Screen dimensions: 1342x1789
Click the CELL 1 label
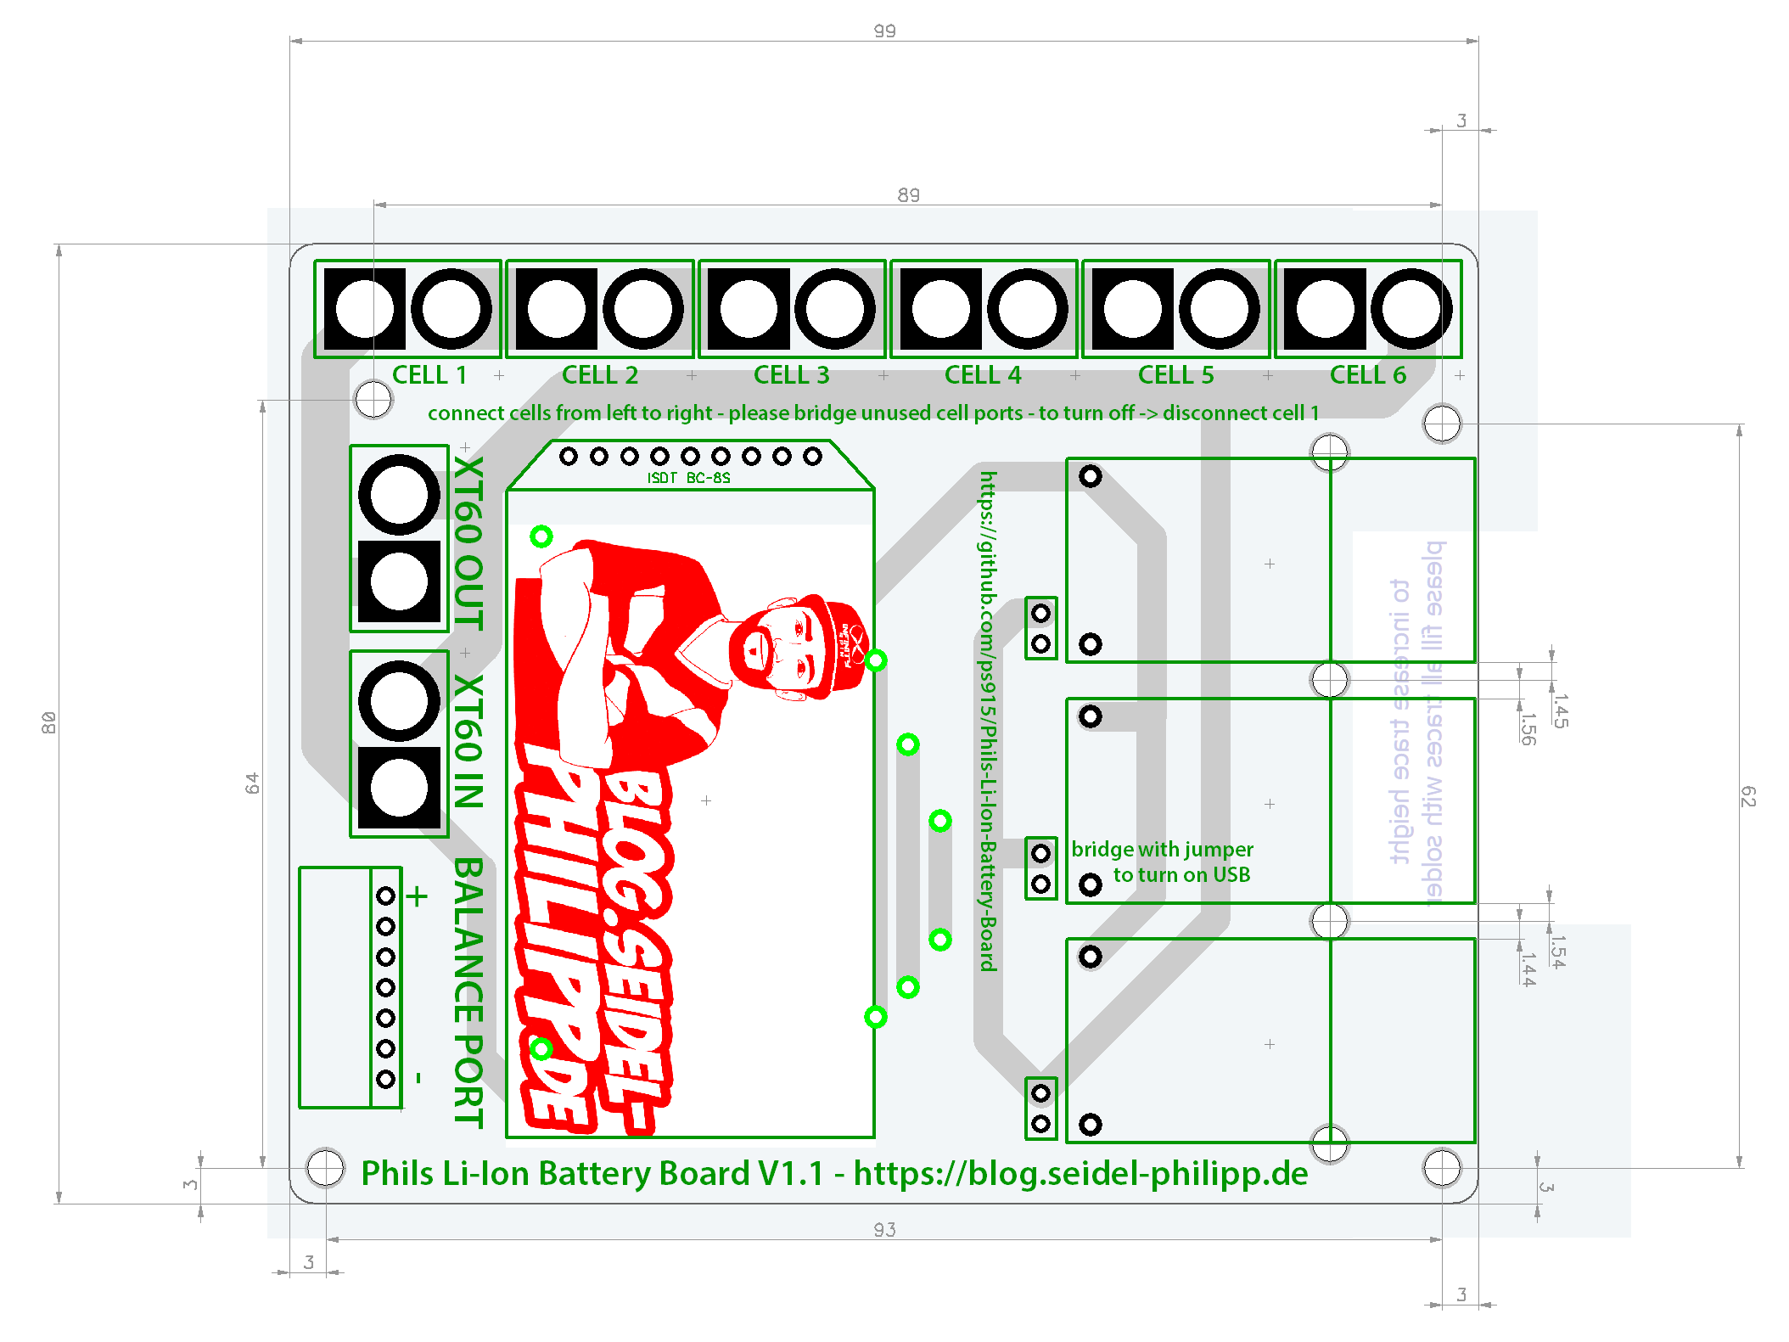coord(429,374)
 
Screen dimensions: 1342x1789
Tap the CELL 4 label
coord(983,374)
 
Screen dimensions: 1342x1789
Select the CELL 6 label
coord(1367,374)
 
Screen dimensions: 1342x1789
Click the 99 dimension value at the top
coord(884,31)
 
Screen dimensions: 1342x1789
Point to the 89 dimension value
coord(908,195)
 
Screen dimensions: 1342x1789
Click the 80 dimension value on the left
coord(49,722)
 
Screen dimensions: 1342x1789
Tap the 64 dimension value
coord(252,783)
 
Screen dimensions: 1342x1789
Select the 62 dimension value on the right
coord(1748,795)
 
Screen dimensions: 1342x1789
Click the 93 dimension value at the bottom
coord(884,1229)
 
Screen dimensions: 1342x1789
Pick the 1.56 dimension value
coord(1528,728)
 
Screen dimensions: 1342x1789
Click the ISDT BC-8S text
coord(688,478)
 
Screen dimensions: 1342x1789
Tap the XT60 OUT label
coord(468,543)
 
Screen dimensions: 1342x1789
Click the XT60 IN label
coord(468,741)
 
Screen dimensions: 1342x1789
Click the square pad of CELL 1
coord(365,309)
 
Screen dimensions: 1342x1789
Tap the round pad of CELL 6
coord(1411,309)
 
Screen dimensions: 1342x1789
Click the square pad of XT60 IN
coord(399,787)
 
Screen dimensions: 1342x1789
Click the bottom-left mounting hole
coord(325,1167)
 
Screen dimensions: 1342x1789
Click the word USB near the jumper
coord(1231,874)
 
